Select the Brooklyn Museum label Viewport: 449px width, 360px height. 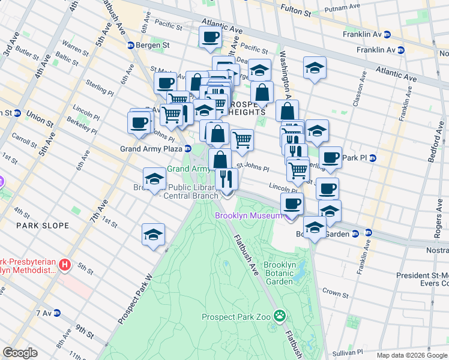click(x=248, y=216)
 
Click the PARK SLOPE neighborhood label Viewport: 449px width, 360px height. click(x=42, y=226)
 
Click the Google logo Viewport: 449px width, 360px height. click(x=20, y=353)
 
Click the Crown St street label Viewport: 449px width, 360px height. click(x=334, y=293)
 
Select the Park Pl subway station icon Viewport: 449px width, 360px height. click(x=372, y=158)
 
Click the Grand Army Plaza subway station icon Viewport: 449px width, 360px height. click(x=188, y=148)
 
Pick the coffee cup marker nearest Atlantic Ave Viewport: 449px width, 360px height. click(x=210, y=37)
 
